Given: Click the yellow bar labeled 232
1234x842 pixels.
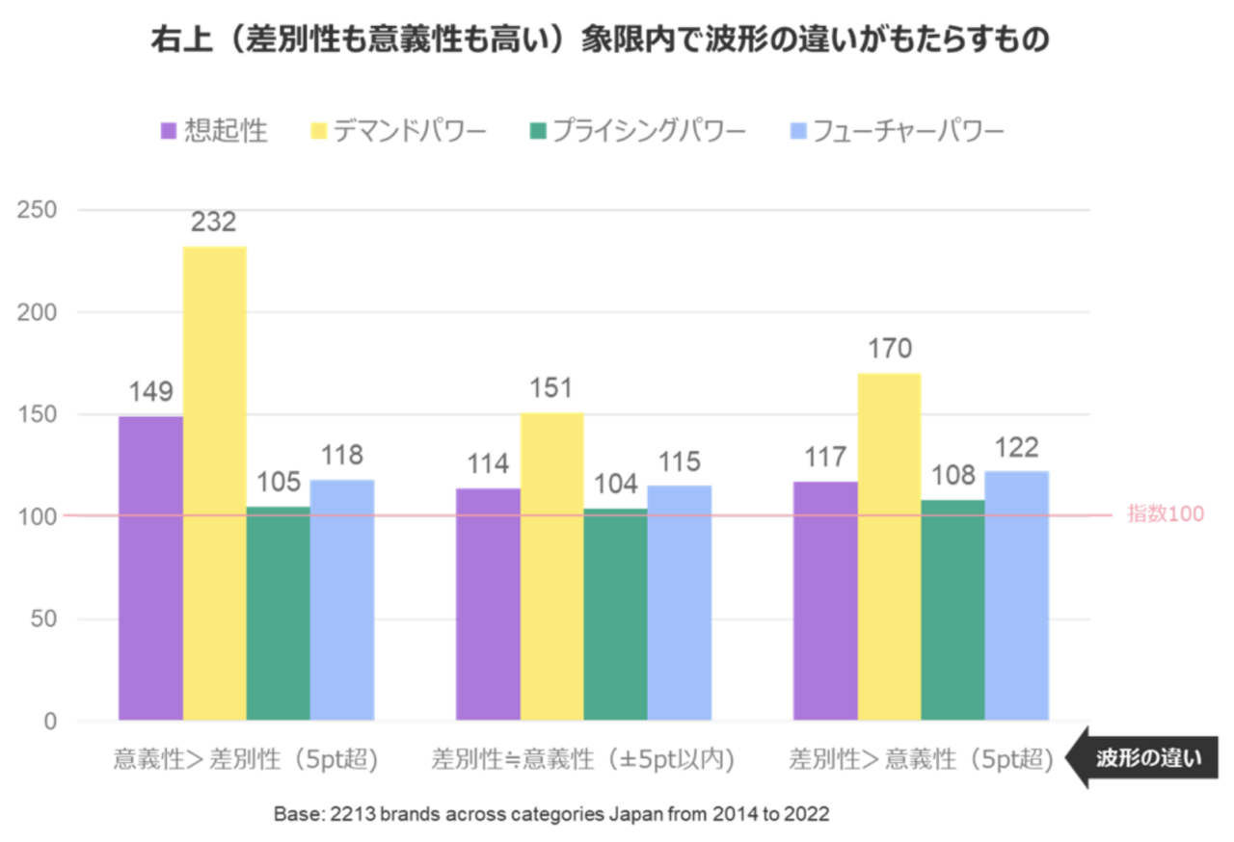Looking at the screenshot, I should [x=214, y=482].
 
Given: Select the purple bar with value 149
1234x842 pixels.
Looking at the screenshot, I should [x=150, y=568].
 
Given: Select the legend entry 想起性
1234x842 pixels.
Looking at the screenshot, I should [x=214, y=131].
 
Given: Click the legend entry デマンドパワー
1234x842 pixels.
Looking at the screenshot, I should [x=396, y=131].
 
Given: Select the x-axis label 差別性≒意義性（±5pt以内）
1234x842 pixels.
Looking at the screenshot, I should [x=583, y=759].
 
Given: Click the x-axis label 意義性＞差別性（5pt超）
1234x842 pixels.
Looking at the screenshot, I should [x=246, y=759].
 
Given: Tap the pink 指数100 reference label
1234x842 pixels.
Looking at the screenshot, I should [x=1166, y=514].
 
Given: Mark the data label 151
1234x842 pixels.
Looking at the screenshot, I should [x=551, y=388].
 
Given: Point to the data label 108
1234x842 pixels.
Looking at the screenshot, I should [x=952, y=475].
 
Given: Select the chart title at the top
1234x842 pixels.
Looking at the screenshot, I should [x=599, y=40].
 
